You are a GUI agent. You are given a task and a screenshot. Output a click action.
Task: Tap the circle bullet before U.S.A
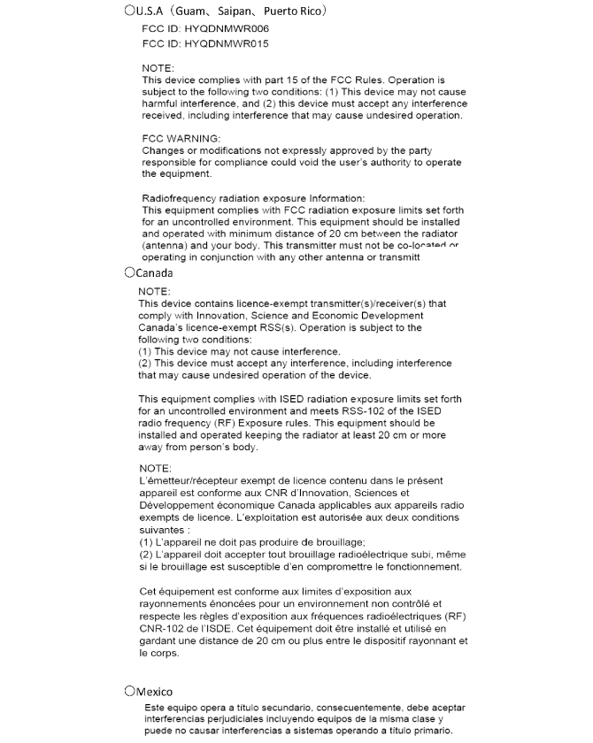tap(129, 11)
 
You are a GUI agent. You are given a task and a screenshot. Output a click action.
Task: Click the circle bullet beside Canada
tap(129, 273)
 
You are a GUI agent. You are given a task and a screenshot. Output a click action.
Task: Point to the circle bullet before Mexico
tap(129, 691)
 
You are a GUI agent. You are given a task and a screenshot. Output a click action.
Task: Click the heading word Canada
tap(154, 273)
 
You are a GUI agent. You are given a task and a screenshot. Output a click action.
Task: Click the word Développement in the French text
tap(181, 504)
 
